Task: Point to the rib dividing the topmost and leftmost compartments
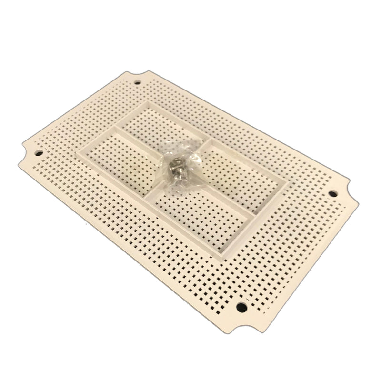click(x=143, y=136)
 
